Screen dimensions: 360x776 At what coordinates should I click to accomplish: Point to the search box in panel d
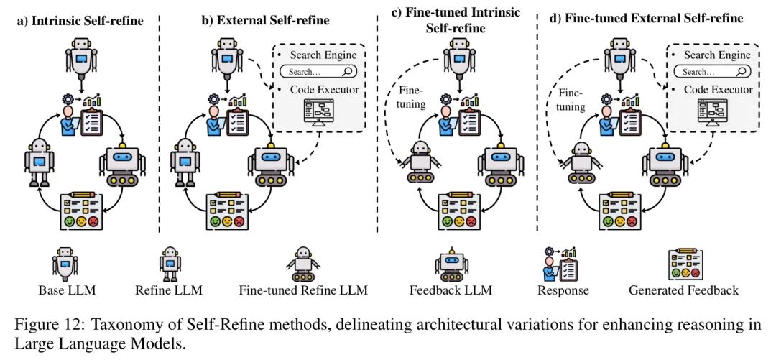click(711, 72)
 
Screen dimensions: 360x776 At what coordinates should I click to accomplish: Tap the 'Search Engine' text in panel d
click(717, 55)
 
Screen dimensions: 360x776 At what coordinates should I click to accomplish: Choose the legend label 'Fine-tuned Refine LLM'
click(302, 291)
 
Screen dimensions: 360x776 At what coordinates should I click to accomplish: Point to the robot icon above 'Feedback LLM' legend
click(451, 263)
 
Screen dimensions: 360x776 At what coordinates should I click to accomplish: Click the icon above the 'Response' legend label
click(563, 263)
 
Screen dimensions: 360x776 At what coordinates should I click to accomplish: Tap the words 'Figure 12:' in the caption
click(46, 324)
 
